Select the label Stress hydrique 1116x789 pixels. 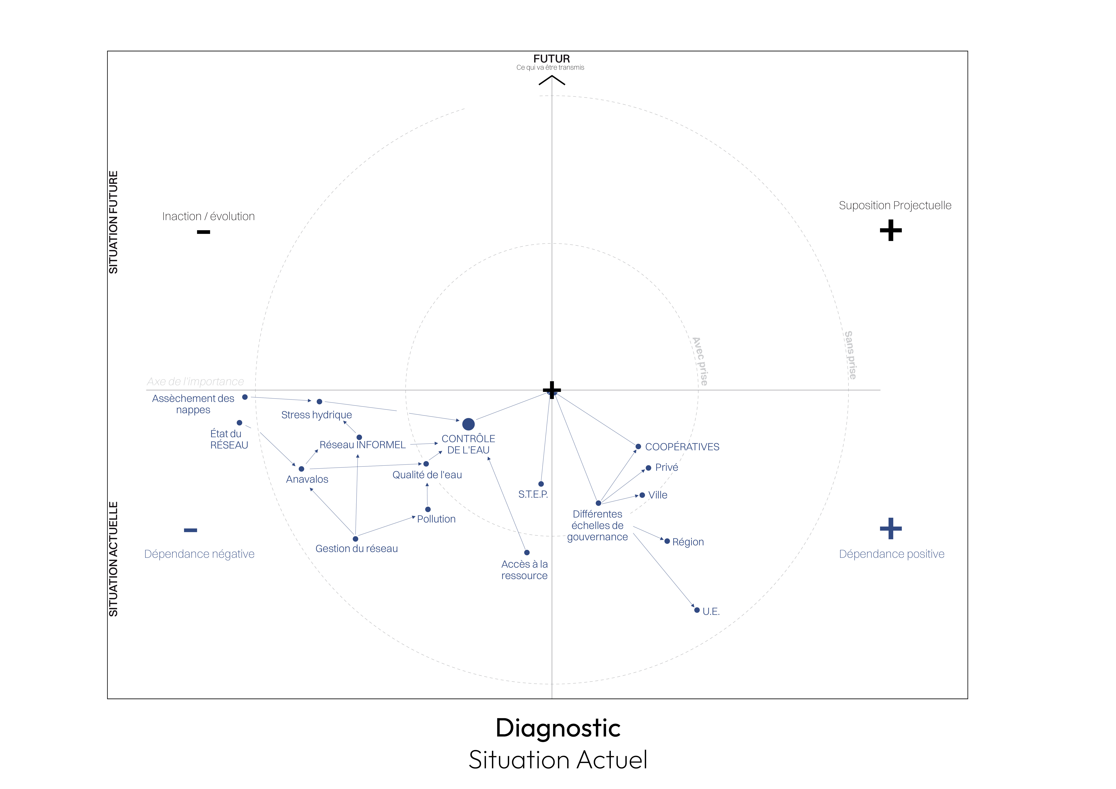click(316, 415)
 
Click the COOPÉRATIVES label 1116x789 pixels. click(682, 447)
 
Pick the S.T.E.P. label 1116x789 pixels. click(533, 494)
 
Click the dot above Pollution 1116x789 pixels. click(428, 509)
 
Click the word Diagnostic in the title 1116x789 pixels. click(558, 728)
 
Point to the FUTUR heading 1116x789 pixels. click(551, 59)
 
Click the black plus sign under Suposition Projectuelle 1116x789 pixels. click(890, 230)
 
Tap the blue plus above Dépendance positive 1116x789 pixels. click(890, 528)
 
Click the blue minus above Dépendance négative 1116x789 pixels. click(191, 530)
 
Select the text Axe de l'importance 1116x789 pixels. click(195, 382)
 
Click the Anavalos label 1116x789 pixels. click(307, 479)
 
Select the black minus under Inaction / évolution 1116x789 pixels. click(203, 232)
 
